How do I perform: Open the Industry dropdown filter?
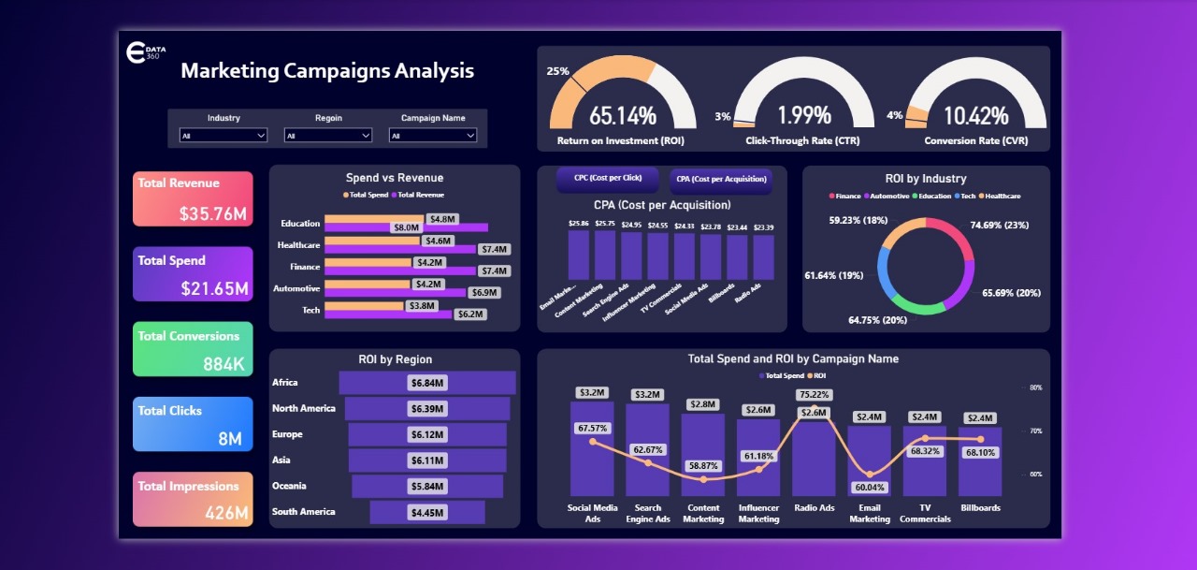coord(224,136)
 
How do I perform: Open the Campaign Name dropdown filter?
coord(433,136)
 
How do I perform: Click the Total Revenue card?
coord(193,198)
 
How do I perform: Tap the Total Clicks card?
coord(193,424)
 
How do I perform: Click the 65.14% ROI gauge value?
coord(622,116)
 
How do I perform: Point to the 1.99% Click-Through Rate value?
coord(804,116)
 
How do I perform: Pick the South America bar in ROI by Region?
coord(427,512)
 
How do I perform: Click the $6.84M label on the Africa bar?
coord(427,383)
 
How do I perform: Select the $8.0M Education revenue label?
coord(406,227)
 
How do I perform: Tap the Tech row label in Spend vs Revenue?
coord(310,310)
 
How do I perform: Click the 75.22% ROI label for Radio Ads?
coord(814,395)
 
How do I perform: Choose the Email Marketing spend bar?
coord(870,459)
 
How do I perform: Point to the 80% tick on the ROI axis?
coord(1035,387)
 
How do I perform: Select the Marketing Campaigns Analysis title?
coord(327,71)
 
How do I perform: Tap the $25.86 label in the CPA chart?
coord(579,224)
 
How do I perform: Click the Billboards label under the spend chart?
coord(980,508)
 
